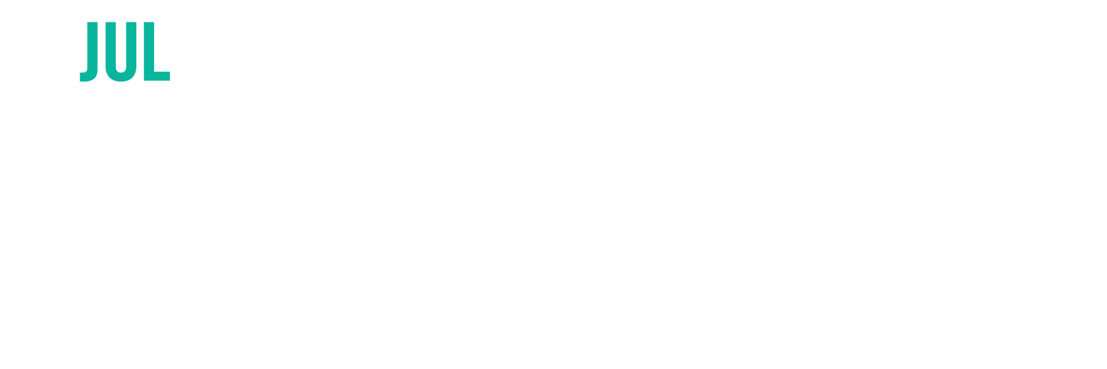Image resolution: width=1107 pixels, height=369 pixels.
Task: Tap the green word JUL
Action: (124, 51)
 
